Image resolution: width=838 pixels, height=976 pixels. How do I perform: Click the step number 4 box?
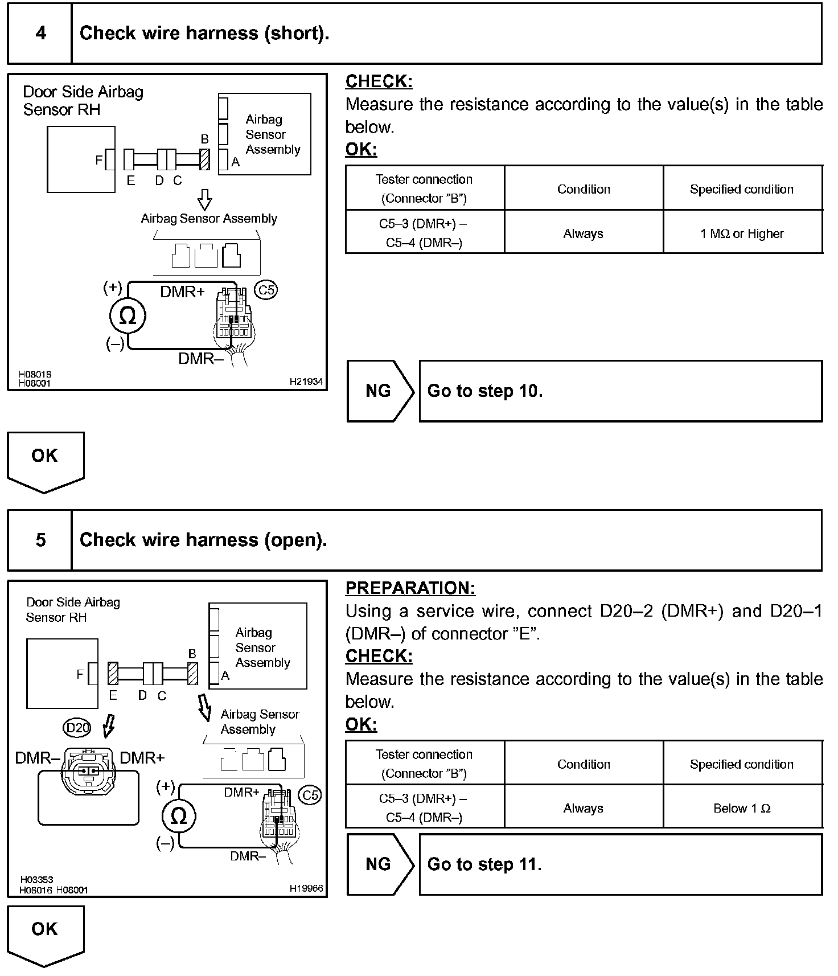point(40,33)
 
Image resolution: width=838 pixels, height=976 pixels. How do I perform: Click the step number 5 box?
point(40,540)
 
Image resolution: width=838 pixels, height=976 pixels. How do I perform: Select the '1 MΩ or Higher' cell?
point(742,233)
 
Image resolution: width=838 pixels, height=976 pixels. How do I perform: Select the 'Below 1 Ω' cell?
point(742,808)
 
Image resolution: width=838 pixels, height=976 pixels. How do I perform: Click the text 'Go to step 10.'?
point(485,391)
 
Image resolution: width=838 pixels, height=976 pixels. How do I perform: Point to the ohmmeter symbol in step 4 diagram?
point(128,316)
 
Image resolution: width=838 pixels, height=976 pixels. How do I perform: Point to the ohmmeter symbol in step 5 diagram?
point(179,817)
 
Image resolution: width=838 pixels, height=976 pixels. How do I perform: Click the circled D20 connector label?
point(78,727)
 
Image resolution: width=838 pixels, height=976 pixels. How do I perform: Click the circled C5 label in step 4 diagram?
point(266,290)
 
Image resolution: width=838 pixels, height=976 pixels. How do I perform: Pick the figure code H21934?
point(306,382)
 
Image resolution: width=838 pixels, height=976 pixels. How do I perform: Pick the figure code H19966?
point(306,888)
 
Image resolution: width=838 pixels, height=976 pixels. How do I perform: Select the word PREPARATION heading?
point(410,588)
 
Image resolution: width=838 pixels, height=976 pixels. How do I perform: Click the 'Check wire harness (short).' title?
point(204,33)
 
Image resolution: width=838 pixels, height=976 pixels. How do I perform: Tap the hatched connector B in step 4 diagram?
point(205,159)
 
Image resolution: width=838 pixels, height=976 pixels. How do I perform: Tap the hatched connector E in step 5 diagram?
point(113,673)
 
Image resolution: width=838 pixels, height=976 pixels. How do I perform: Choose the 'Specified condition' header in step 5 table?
point(742,764)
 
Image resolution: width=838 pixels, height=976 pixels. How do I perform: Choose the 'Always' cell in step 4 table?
point(583,233)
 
